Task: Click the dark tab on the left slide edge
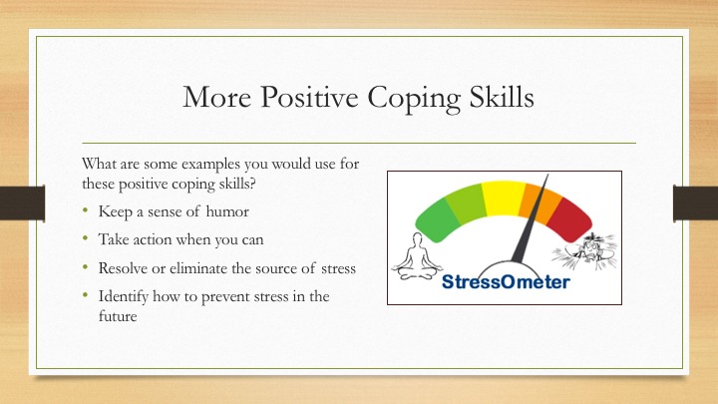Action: (x=18, y=202)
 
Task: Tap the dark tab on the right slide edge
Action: (x=699, y=202)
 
